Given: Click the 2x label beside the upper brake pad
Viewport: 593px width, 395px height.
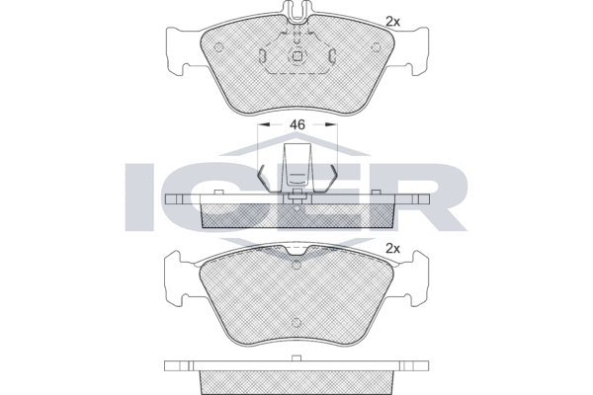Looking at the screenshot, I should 391,21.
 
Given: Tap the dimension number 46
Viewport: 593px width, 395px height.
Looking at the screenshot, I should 296,125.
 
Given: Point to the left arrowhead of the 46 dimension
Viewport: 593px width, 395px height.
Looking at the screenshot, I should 261,125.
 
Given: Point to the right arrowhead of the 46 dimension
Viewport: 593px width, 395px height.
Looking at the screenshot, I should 333,125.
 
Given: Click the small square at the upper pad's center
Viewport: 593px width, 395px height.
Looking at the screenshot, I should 296,55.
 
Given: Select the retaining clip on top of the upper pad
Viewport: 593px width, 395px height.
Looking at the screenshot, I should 296,15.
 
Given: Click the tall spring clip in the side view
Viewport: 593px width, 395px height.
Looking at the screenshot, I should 296,168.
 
